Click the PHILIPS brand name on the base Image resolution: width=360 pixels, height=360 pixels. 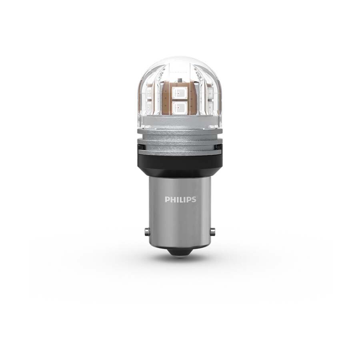pyautogui.click(x=180, y=199)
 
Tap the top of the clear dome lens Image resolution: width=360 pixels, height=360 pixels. pyautogui.click(x=180, y=60)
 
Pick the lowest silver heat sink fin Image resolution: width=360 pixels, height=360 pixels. pyautogui.click(x=180, y=151)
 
